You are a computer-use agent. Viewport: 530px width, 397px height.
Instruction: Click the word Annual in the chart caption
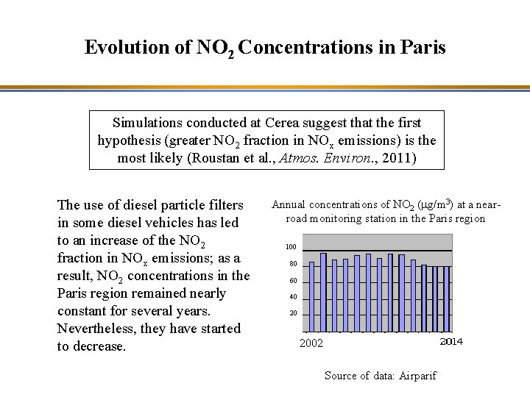291,205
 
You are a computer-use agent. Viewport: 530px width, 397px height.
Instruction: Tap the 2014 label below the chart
451,341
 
